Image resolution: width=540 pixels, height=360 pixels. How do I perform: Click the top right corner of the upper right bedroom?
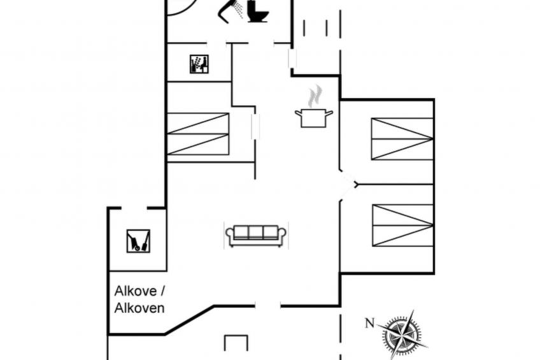[x=434, y=99]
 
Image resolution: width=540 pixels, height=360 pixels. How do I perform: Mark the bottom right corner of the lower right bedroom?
[x=434, y=273]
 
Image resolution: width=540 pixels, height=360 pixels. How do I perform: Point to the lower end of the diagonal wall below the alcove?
[x=165, y=334]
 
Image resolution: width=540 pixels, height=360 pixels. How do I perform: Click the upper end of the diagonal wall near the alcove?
[x=214, y=306]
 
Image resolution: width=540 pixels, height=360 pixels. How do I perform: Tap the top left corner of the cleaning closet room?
[x=109, y=208]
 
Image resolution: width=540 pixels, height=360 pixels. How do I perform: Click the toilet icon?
[x=258, y=11]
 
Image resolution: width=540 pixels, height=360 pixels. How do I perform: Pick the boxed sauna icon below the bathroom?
[x=199, y=64]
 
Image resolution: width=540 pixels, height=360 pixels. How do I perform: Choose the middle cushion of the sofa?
[x=256, y=232]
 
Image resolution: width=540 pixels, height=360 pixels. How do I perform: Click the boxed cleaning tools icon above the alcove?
[x=138, y=241]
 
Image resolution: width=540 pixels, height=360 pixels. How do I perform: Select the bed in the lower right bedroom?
[x=402, y=226]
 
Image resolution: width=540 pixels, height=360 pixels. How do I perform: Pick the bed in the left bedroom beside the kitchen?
[x=198, y=134]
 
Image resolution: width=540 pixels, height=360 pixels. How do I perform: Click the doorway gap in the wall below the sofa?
[x=268, y=306]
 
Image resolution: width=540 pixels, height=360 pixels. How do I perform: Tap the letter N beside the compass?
[x=369, y=324]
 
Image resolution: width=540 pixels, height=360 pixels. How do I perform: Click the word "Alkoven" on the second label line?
[x=139, y=308]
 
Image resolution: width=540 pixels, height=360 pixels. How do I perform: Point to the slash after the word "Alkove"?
[x=162, y=291]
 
